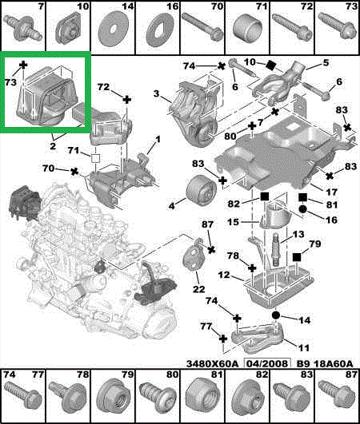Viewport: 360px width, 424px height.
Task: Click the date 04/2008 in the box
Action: (x=268, y=363)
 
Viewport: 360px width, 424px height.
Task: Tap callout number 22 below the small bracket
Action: (x=199, y=289)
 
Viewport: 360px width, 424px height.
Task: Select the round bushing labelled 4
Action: (x=199, y=191)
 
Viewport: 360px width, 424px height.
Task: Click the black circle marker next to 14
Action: (x=275, y=315)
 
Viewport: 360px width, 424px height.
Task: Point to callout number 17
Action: (x=332, y=192)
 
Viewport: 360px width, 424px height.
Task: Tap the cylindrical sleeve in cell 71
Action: (x=247, y=27)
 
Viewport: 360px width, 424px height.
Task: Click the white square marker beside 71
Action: (x=96, y=158)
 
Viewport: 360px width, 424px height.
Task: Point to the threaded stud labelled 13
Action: (x=275, y=249)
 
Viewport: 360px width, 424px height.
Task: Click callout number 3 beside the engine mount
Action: (x=156, y=94)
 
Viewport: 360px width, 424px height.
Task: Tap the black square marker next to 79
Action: (x=297, y=257)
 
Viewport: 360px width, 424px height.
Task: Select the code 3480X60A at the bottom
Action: (x=212, y=363)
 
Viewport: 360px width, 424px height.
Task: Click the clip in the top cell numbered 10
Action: (x=68, y=29)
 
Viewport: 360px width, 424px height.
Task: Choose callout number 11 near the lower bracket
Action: (x=304, y=347)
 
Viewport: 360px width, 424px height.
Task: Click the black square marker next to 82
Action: (x=265, y=197)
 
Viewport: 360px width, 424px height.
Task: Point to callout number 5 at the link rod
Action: (x=325, y=62)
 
